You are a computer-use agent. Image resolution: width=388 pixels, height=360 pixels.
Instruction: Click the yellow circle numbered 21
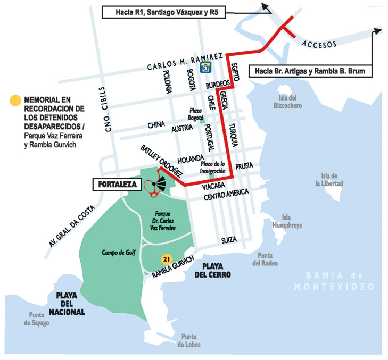pos(166,259)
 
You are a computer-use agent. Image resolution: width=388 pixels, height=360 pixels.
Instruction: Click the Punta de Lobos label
pos(189,340)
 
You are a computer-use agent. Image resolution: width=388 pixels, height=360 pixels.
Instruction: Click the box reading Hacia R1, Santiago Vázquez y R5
pos(162,11)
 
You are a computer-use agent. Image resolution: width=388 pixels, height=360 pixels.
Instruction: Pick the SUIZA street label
pos(229,241)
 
